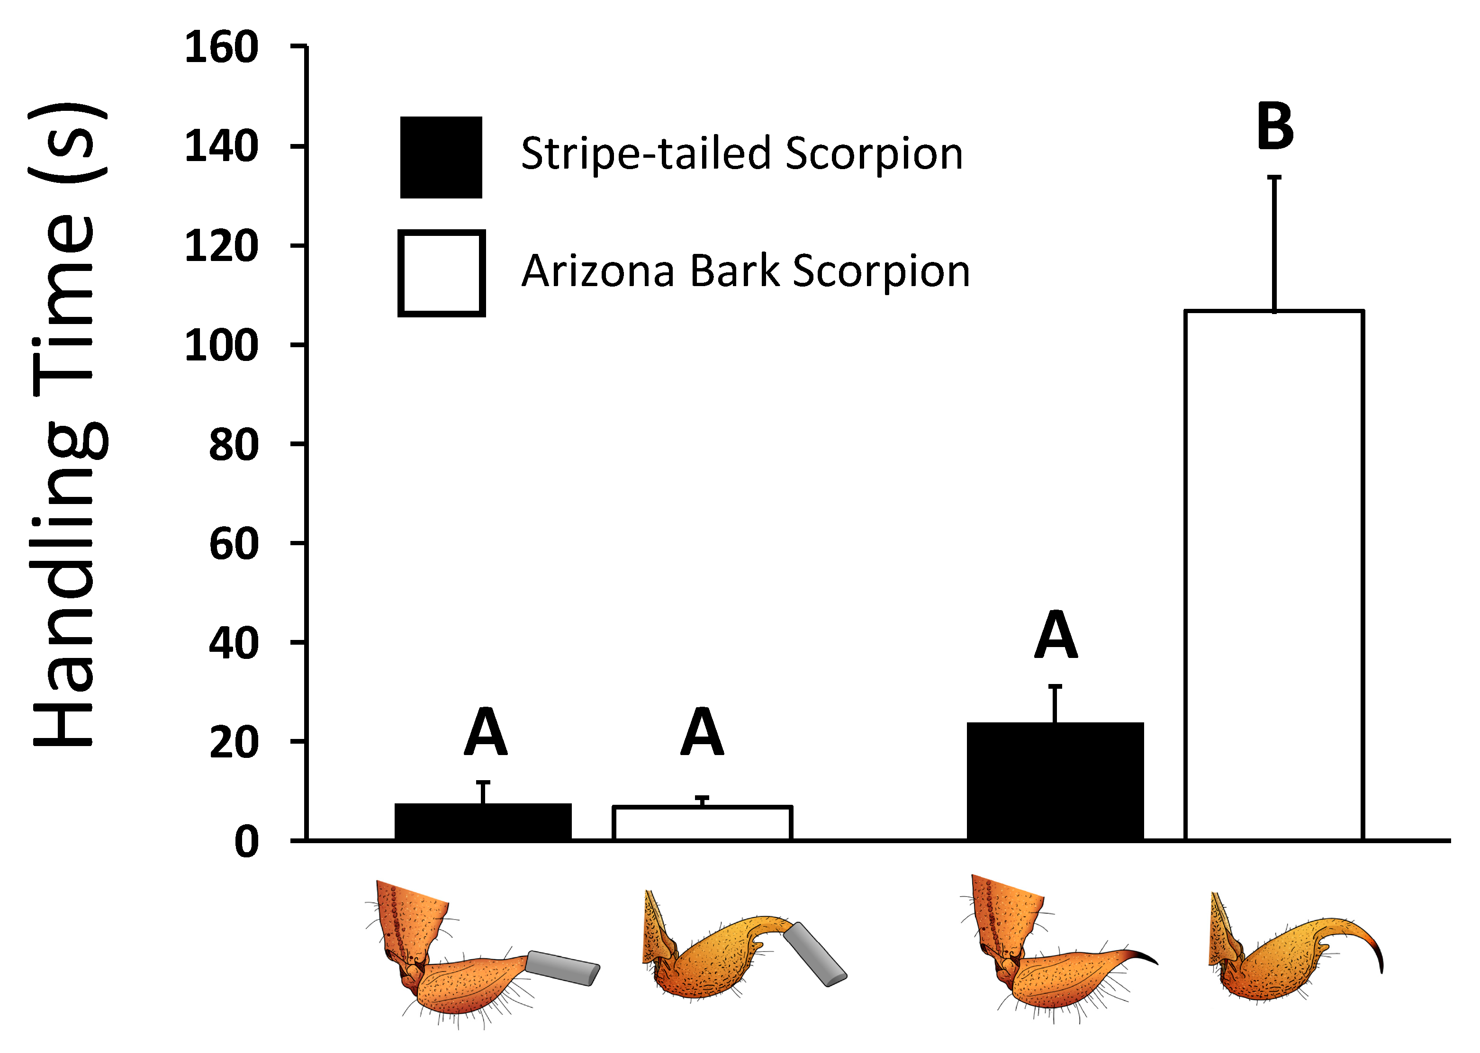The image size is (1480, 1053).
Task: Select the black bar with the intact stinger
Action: [1055, 781]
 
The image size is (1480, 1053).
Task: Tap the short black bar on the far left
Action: [483, 822]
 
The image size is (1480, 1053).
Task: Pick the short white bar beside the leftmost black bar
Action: [703, 823]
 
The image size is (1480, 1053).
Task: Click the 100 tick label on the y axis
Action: [221, 346]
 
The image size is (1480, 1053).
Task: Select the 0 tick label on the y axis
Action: [246, 843]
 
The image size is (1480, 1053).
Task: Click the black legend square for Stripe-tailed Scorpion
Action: [441, 158]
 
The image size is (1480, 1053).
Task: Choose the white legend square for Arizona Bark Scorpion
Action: [442, 273]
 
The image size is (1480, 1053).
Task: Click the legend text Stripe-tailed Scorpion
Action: [741, 154]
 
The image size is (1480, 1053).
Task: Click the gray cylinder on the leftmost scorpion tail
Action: [562, 967]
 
